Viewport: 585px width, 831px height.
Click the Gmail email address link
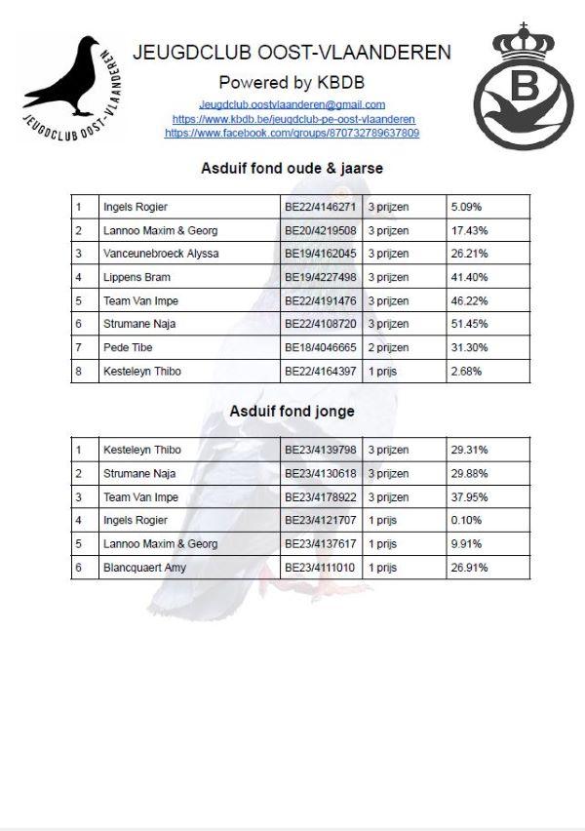pos(292,104)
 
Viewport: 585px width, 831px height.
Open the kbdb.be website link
pos(292,118)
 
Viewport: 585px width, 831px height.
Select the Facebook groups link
pos(292,132)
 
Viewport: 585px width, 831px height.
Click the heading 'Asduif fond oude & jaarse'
pos(292,168)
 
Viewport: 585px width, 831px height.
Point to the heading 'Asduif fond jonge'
pos(292,412)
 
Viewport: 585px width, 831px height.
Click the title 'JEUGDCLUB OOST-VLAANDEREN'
pos(292,52)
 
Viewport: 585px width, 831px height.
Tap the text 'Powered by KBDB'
pos(292,82)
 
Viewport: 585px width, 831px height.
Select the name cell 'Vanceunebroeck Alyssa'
pos(161,254)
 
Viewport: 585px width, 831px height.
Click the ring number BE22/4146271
pos(321,207)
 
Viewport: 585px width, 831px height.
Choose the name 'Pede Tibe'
pos(128,347)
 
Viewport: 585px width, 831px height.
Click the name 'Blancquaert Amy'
pos(144,568)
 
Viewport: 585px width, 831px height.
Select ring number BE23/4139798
pos(321,451)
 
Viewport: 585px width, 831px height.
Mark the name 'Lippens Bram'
pos(136,277)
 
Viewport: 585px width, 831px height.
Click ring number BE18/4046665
pos(321,347)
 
